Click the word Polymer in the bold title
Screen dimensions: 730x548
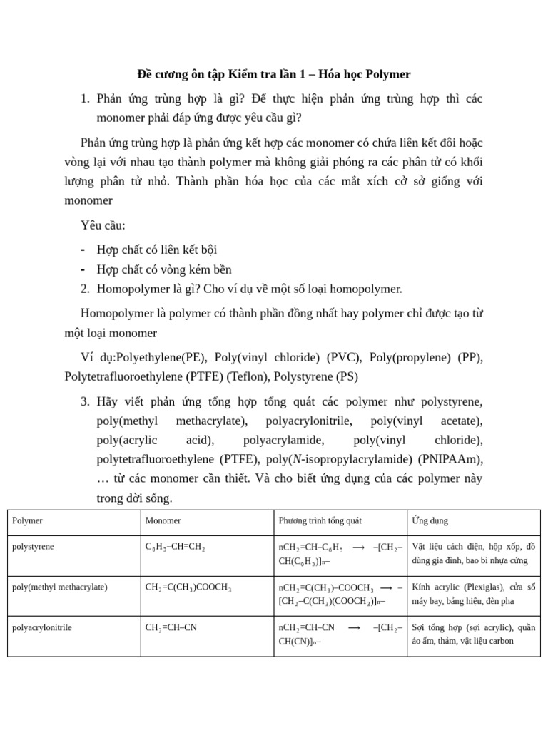pos(388,74)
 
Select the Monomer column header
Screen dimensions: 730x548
pos(163,521)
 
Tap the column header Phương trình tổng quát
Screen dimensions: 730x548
pos(320,521)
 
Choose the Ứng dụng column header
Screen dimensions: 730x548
pos(430,521)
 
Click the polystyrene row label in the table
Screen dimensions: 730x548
pos(33,547)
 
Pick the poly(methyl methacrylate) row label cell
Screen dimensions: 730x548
pos(60,587)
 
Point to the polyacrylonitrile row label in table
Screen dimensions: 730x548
pos(42,628)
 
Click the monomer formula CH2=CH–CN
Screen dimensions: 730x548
pos(171,628)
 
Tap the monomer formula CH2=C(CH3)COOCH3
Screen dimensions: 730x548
pos(188,588)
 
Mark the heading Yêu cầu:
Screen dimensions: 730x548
pos(103,226)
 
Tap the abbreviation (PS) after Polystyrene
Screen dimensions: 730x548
pos(347,376)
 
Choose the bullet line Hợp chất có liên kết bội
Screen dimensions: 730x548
pos(157,250)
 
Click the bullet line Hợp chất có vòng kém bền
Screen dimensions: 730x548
pos(164,269)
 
